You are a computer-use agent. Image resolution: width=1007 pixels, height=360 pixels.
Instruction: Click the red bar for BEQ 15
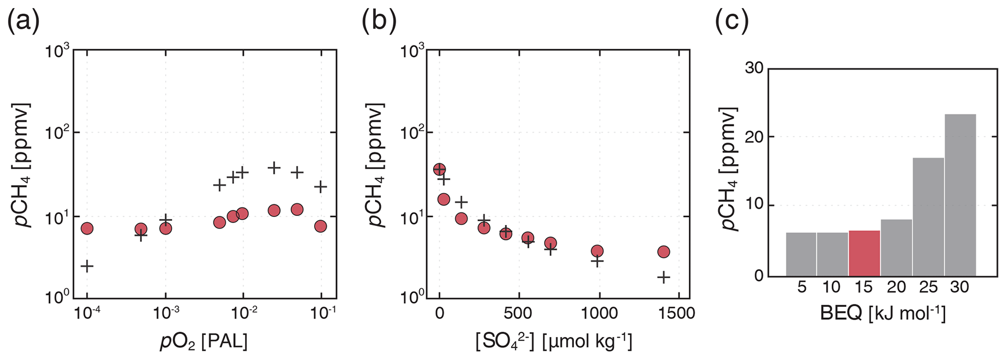[x=864, y=253]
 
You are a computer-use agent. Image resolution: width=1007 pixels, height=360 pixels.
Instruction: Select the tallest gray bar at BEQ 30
[x=960, y=195]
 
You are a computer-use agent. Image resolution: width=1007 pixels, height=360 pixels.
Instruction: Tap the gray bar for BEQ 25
[x=928, y=217]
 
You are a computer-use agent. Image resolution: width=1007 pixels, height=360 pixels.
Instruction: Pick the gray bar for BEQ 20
[x=896, y=247]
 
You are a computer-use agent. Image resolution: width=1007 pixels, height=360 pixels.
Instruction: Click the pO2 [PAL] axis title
[x=204, y=341]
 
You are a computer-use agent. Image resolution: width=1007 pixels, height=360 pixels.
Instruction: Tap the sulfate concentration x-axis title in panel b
[x=554, y=341]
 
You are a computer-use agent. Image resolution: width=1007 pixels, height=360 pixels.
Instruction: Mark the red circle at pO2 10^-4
[x=87, y=228]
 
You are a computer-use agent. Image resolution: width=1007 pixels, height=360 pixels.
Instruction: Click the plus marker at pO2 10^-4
[x=87, y=266]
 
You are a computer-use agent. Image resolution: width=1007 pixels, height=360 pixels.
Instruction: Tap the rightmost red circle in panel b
[x=664, y=251]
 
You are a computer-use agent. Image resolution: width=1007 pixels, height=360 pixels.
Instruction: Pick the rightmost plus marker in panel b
[x=664, y=277]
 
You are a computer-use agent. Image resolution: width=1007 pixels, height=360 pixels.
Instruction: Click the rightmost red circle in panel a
[x=320, y=226]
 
